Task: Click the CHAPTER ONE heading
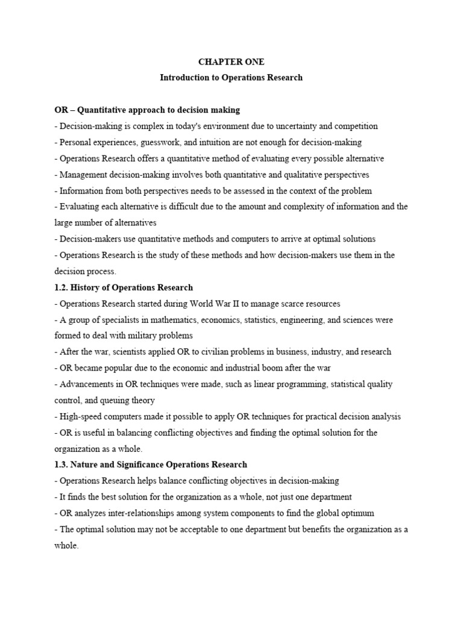[231, 62]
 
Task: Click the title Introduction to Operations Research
[231, 78]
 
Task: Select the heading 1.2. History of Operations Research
[124, 287]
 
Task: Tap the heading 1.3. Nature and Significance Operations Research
[151, 465]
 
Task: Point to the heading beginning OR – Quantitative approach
[147, 110]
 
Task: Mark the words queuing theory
[128, 400]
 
